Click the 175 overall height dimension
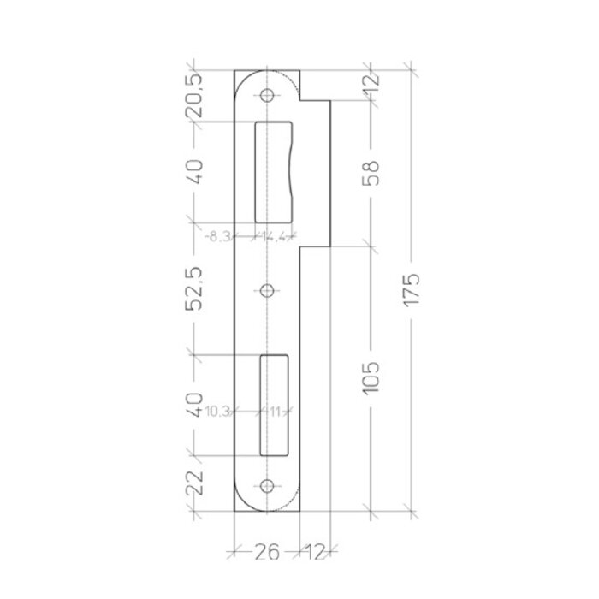[412, 292]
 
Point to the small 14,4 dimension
[276, 237]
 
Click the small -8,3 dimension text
[219, 237]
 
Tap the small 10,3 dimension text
[219, 411]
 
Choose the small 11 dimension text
[276, 411]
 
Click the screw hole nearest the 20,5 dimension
[267, 94]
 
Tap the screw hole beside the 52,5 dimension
[267, 291]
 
